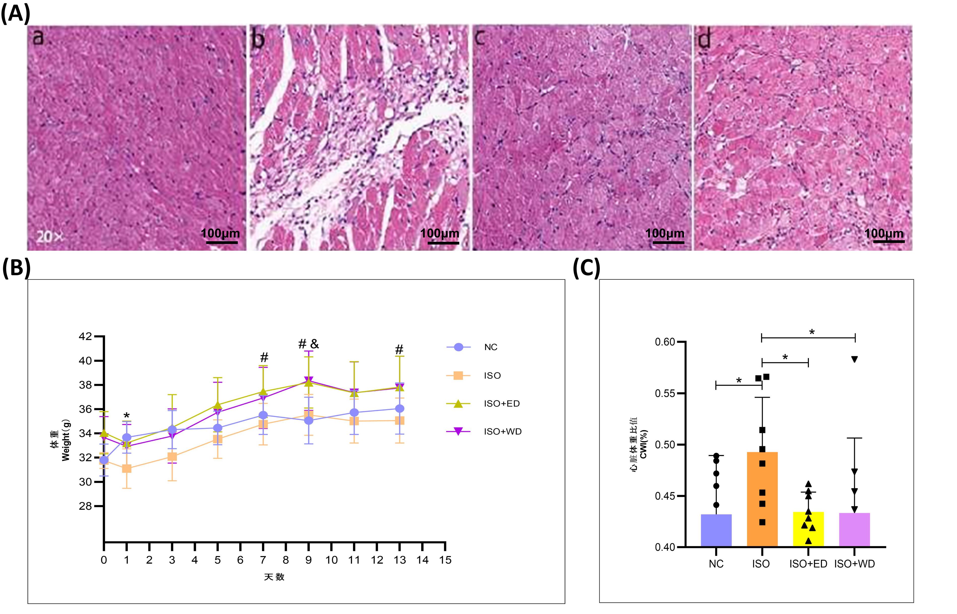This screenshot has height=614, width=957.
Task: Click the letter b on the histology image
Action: click(258, 40)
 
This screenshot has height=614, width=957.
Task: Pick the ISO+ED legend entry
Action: click(483, 403)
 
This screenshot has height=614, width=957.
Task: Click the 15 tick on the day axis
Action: click(445, 560)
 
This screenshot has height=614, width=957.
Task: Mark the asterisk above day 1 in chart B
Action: click(127, 416)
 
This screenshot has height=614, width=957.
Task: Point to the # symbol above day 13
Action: click(399, 350)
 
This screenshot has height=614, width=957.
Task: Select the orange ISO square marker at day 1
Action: click(127, 468)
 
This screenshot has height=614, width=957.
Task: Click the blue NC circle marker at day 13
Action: click(399, 409)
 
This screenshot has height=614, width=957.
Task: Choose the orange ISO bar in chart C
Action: click(762, 499)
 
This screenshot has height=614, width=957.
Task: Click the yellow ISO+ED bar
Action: click(808, 529)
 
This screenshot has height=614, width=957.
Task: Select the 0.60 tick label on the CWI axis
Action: click(665, 342)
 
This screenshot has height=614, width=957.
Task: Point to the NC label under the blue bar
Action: click(716, 564)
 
